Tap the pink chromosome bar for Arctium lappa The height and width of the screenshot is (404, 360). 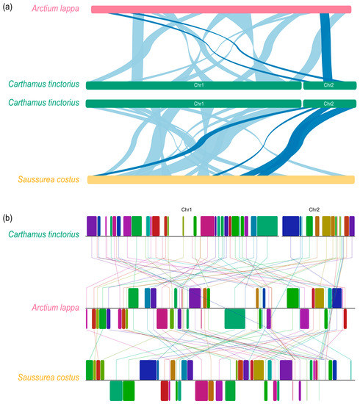click(220, 10)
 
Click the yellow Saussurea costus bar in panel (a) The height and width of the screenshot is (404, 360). click(220, 179)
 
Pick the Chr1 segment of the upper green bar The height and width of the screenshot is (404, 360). click(194, 85)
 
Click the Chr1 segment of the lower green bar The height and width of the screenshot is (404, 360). click(194, 104)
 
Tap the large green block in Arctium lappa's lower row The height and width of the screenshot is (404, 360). click(235, 319)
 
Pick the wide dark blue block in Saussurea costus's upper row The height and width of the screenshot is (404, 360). click(148, 369)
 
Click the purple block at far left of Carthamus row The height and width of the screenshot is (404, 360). click(92, 226)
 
